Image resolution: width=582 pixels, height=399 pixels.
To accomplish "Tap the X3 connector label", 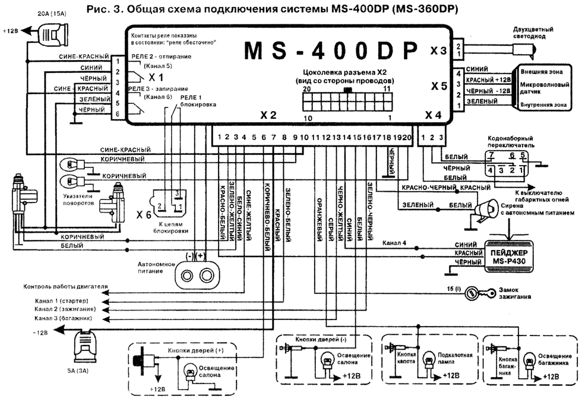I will [x=438, y=51].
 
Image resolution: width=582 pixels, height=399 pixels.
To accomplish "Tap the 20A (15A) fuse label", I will [x=52, y=12].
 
